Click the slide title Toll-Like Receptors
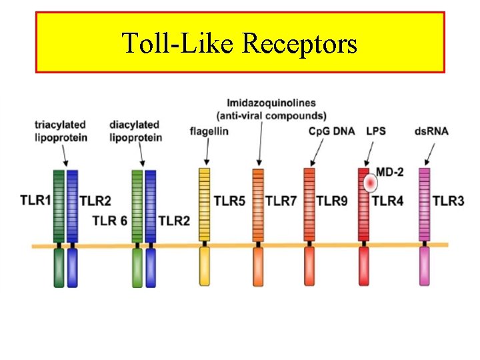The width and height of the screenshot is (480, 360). tap(239, 43)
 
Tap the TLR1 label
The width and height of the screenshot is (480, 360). tap(36, 199)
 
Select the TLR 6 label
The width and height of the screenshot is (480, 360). tap(109, 221)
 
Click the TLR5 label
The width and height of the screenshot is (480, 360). tap(229, 200)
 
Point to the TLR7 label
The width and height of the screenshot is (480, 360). tap(281, 200)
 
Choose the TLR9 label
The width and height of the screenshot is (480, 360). tap(332, 200)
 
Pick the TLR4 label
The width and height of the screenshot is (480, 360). tap(387, 200)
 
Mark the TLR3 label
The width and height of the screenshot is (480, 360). tap(448, 200)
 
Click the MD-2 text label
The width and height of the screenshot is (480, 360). tap(391, 172)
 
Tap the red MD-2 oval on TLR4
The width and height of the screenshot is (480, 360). tap(369, 182)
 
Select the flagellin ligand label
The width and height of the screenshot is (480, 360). tap(209, 131)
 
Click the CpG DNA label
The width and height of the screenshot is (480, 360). tap(331, 131)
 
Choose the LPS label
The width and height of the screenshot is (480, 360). tap(375, 131)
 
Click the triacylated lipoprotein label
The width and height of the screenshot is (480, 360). tap(61, 131)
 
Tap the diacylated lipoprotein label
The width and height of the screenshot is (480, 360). tap(135, 131)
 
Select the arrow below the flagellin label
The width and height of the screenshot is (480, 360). tap(207, 151)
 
